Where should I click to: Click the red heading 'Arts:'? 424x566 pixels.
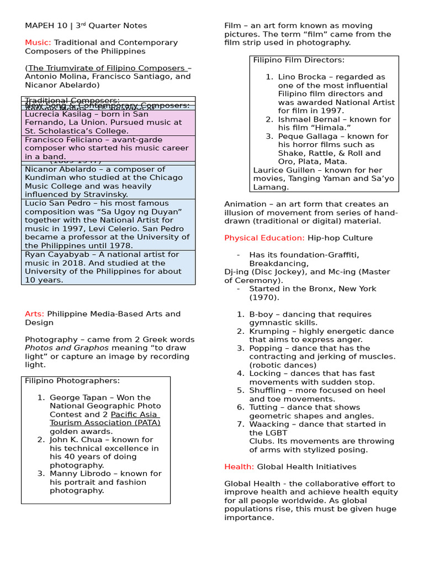tap(34, 314)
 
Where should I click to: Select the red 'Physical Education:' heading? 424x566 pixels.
tap(264, 238)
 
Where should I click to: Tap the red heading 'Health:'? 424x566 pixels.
tap(239, 467)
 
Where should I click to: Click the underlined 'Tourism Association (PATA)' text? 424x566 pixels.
tap(105, 423)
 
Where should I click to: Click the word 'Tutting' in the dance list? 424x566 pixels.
tap(264, 407)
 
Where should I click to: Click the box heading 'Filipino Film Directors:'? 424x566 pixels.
tap(299, 60)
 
